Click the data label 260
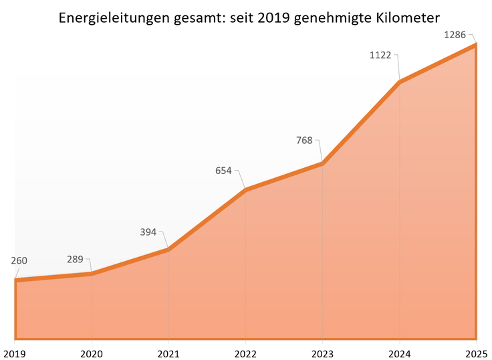coord(19,260)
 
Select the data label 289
coord(75,258)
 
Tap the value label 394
coord(148,232)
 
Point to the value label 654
coord(223,170)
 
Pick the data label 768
coord(304,141)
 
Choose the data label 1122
coord(380,56)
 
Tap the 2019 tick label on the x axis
coord(15,352)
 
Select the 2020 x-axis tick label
coord(92,352)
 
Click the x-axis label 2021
coord(168,352)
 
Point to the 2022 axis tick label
coord(245,352)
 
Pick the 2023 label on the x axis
coord(322,352)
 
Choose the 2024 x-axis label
coord(399,352)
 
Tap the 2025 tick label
coord(475,352)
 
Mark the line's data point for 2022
coord(245,190)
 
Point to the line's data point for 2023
coord(322,163)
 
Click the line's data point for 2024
coord(399,82)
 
